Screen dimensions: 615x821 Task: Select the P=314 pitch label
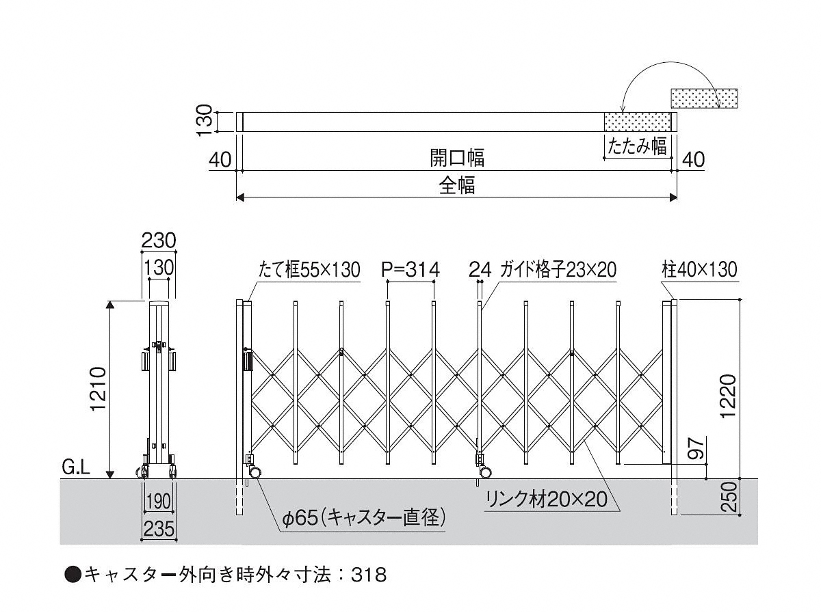[x=410, y=270]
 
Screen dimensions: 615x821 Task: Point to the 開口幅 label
[x=457, y=159]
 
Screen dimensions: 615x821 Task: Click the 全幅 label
[x=457, y=186]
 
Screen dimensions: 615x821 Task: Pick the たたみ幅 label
[x=636, y=146]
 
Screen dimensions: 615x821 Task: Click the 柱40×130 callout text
[x=699, y=270]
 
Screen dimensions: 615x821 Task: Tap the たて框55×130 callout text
[x=309, y=270]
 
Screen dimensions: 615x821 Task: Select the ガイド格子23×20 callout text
[x=558, y=270]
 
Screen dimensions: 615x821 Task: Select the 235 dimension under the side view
[x=159, y=529]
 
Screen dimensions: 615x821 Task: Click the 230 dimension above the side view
[x=159, y=241]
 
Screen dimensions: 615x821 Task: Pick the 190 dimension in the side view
[x=158, y=502]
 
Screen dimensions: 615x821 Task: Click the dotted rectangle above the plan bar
[x=704, y=98]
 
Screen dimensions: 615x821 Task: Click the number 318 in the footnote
[x=371, y=575]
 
